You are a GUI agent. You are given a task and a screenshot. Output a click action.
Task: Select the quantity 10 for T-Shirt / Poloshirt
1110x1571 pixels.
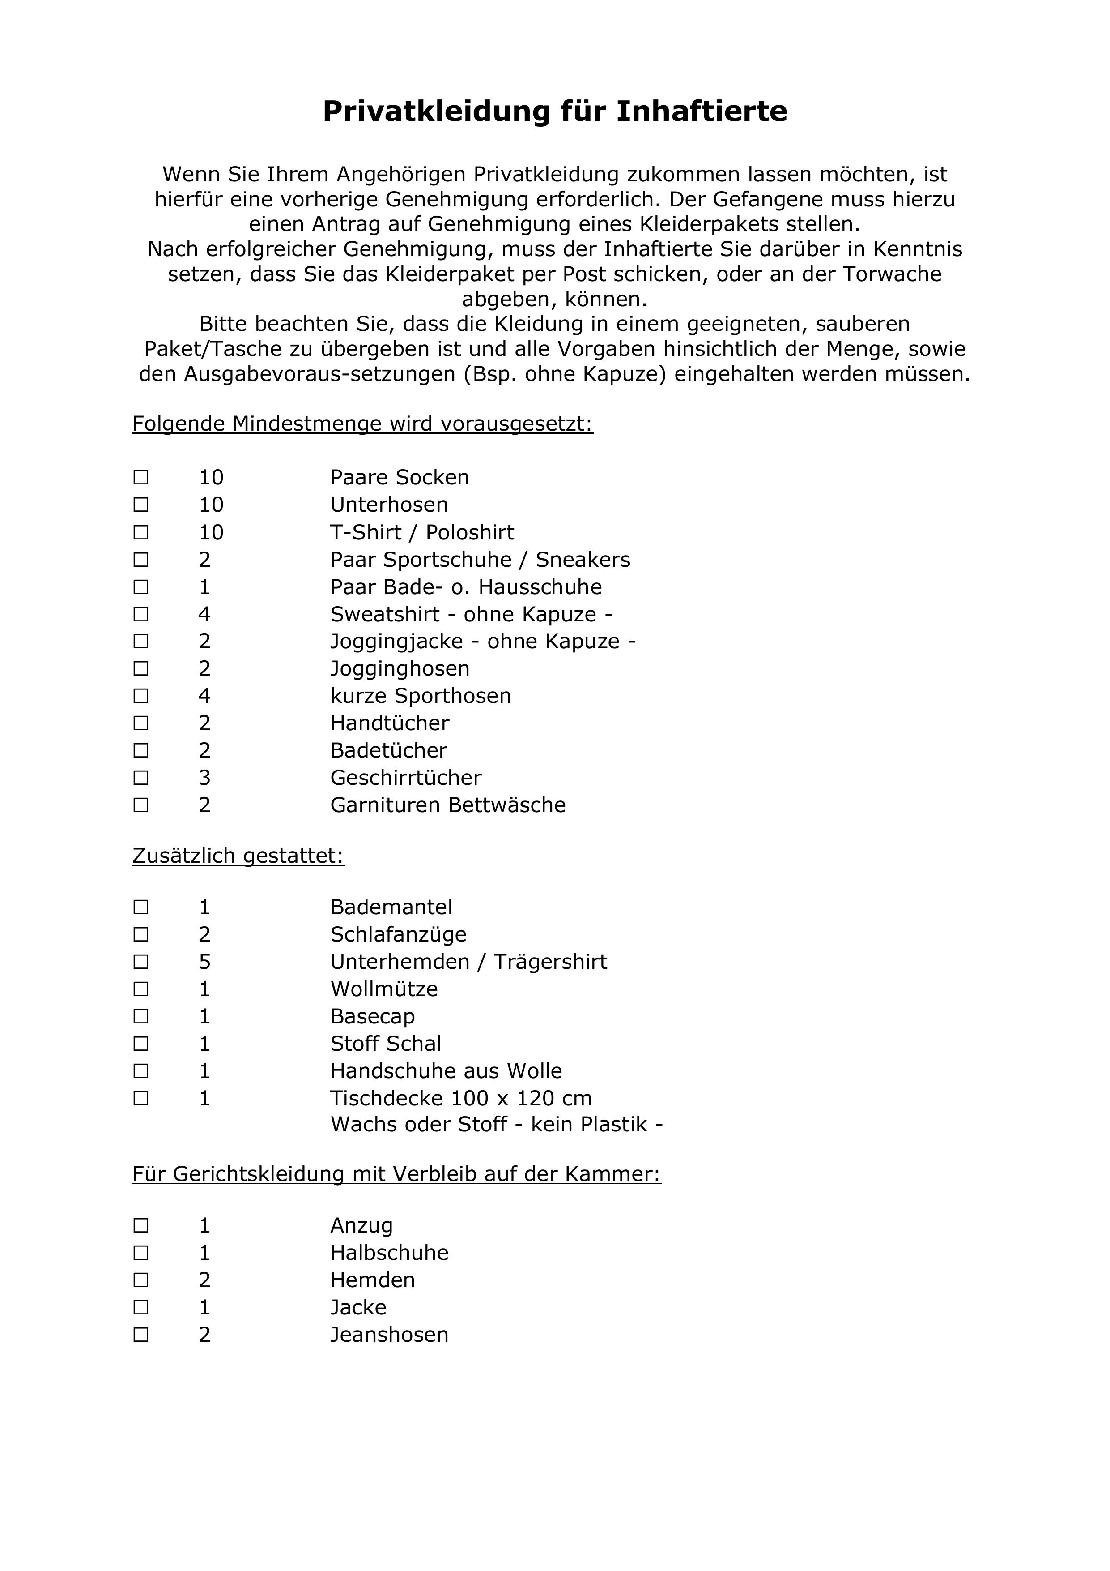tap(211, 532)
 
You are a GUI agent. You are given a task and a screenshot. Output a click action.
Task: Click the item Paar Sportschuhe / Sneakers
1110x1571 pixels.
tap(480, 560)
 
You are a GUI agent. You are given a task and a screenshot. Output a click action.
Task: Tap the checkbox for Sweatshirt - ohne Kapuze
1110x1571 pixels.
tap(141, 614)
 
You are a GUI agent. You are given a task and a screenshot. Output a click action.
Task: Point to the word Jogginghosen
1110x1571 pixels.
tap(400, 668)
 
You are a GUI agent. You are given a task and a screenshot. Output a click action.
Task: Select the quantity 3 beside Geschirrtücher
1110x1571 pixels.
tap(204, 778)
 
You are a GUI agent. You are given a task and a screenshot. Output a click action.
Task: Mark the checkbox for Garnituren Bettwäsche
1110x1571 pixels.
tap(141, 805)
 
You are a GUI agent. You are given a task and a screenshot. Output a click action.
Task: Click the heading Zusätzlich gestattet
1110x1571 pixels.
tap(238, 856)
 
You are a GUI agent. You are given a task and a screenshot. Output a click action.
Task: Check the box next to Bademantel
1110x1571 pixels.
tap(141, 907)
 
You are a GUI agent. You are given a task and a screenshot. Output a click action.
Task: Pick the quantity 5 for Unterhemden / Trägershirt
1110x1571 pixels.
tap(204, 962)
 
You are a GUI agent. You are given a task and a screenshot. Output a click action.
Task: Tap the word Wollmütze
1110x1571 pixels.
tap(384, 989)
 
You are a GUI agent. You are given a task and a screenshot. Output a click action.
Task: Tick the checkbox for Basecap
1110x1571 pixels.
tap(141, 1017)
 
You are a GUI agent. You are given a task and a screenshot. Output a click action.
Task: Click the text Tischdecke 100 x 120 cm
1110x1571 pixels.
tap(460, 1098)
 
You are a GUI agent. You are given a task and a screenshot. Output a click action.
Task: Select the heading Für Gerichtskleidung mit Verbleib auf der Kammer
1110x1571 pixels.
tap(397, 1174)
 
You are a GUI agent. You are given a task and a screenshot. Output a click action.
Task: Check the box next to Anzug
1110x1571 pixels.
tap(141, 1225)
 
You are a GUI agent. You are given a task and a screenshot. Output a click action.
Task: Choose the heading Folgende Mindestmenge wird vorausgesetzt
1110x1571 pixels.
tap(362, 424)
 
